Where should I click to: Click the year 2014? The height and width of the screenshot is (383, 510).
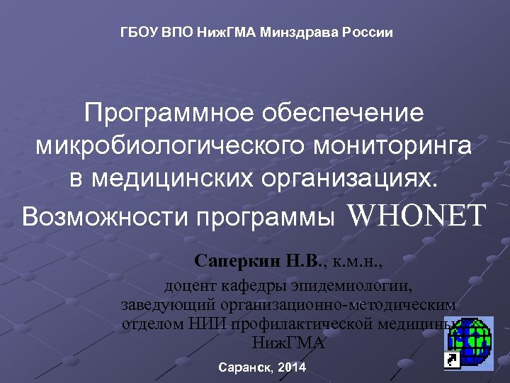293,368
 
